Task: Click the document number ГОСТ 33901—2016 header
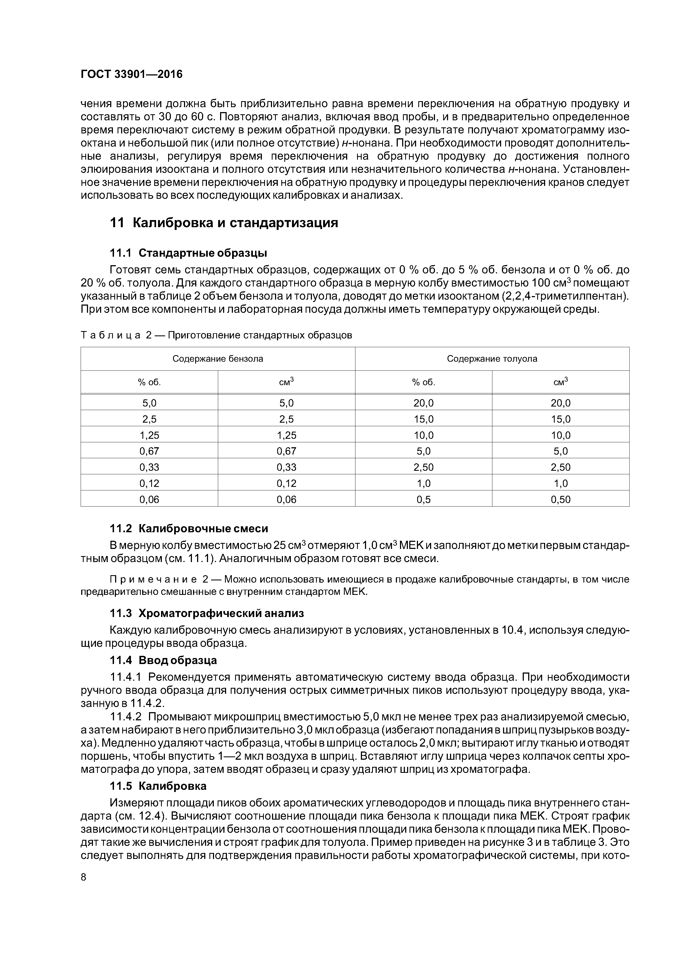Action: point(131,74)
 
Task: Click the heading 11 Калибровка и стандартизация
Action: point(223,223)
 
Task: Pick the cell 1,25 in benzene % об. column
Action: point(149,435)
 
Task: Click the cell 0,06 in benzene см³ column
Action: point(286,499)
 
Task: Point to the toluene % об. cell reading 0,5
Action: point(423,499)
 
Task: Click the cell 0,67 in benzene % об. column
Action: point(149,451)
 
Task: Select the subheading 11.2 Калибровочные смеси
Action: point(189,529)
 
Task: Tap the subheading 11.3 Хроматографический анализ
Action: point(207,613)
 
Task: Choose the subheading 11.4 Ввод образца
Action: point(163,660)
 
